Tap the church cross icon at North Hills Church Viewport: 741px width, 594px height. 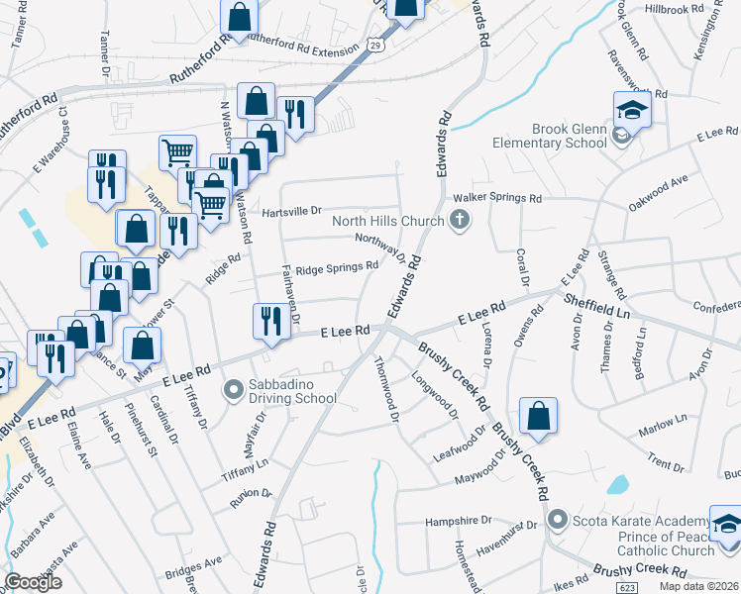click(460, 221)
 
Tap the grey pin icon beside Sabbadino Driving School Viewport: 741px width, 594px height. click(234, 391)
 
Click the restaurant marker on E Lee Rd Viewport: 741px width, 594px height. click(266, 322)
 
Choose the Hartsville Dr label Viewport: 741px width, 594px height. click(292, 211)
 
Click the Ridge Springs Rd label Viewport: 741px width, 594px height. click(338, 266)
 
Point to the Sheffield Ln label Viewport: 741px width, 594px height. click(596, 305)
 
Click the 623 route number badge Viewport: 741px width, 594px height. click(626, 588)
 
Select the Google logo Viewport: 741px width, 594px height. click(34, 583)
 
